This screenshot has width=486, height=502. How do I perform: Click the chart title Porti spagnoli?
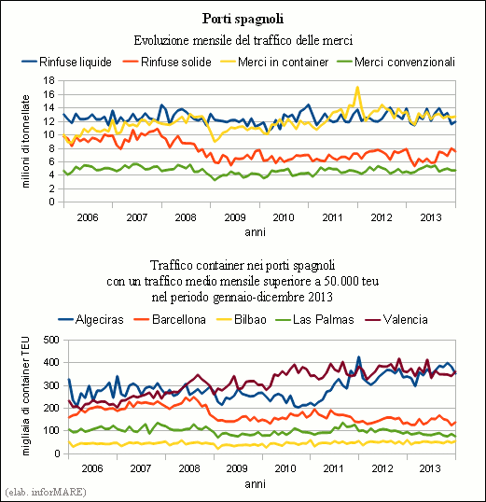point(243,19)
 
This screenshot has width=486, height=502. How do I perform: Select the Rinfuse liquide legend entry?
point(66,62)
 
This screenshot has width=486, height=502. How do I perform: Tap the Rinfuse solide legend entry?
point(167,62)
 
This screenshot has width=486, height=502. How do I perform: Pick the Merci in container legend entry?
point(274,62)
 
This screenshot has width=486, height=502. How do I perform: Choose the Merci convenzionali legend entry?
point(396,62)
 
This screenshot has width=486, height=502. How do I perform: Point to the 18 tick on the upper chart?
point(49,80)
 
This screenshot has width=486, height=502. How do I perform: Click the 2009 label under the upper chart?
point(235,217)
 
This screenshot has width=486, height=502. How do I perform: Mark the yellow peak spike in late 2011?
point(357,88)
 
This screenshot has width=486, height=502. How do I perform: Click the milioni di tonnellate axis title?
point(26,141)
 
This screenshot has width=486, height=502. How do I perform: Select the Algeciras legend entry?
point(90,319)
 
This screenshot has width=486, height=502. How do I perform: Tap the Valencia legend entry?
point(396,319)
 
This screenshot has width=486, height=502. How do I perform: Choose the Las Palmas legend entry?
point(314,319)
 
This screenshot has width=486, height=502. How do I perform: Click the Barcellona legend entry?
point(170,319)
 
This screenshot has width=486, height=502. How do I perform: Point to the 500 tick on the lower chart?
point(51,340)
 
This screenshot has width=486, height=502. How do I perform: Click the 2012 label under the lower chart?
point(382,468)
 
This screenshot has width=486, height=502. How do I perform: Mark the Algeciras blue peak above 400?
point(359,357)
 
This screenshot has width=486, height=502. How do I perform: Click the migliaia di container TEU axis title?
point(26,396)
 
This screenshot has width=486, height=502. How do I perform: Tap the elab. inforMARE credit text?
point(46,492)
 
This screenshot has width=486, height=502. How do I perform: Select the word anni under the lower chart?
point(256,483)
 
